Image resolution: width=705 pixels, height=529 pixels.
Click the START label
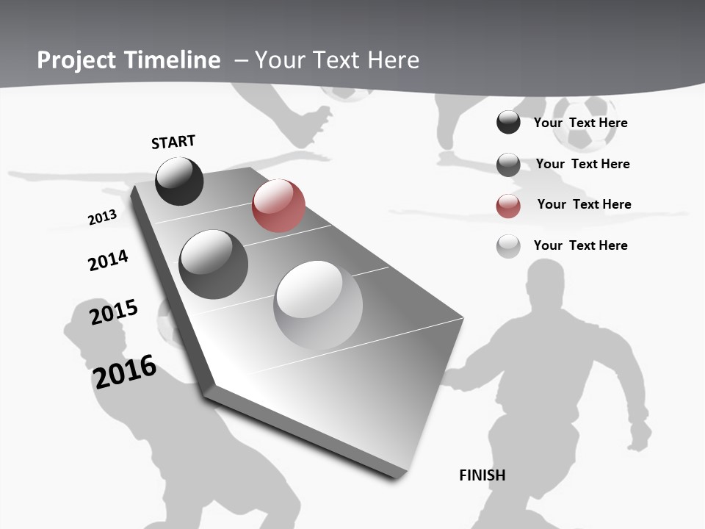pos(173,142)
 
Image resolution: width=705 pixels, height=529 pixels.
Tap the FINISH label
pos(482,475)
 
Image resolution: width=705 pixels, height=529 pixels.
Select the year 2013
pos(102,217)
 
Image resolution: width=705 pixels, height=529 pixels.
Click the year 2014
pos(108,260)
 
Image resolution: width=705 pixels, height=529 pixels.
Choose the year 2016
pos(124,372)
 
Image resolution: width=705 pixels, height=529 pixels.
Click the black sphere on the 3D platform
pos(179,181)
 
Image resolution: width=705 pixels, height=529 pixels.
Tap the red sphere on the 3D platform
pos(278,206)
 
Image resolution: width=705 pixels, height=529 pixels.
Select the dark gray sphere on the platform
pos(213,264)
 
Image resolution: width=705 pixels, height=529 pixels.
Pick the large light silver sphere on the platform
pos(318,305)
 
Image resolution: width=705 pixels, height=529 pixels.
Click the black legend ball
pos(508,123)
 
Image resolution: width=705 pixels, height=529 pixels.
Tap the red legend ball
pos(508,205)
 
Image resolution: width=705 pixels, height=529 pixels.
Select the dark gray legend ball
pos(508,165)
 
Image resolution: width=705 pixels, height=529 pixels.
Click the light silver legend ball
pos(508,246)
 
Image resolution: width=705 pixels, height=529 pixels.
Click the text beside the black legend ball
pos(580,123)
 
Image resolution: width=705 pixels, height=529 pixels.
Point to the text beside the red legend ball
pos(584,204)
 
